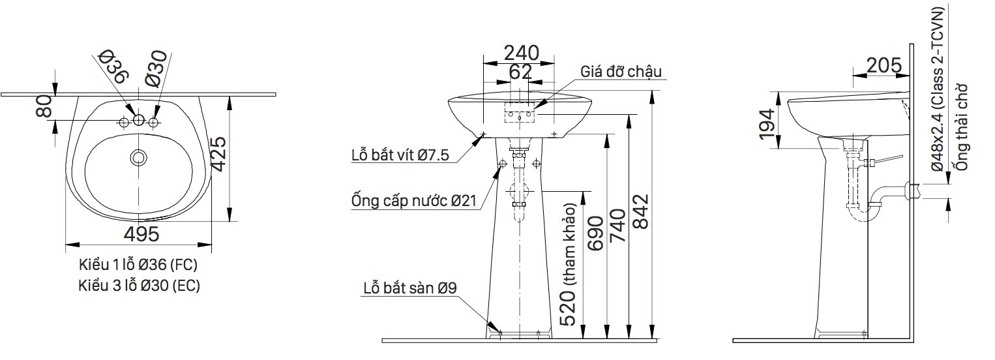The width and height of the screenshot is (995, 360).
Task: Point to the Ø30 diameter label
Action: click(156, 69)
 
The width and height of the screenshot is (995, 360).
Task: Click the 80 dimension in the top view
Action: click(44, 106)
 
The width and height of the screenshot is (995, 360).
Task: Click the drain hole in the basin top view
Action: click(138, 157)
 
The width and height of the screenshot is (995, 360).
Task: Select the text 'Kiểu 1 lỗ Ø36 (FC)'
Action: click(138, 265)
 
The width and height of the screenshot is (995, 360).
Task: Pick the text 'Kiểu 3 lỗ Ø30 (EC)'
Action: click(139, 286)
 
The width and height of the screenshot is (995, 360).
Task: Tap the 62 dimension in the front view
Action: click(520, 72)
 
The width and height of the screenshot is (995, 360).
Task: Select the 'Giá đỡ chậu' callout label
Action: click(621, 71)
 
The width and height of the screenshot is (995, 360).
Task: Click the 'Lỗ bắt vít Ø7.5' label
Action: click(400, 155)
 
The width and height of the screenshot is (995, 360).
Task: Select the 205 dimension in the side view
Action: click(884, 65)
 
